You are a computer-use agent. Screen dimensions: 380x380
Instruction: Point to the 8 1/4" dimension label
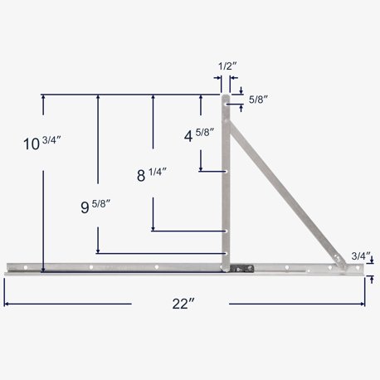(152, 174)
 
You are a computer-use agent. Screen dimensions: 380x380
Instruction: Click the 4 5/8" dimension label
(200, 131)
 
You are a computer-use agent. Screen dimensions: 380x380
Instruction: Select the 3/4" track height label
(361, 255)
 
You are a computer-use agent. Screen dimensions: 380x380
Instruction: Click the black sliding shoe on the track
(240, 267)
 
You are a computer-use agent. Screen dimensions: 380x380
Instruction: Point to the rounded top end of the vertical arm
(226, 99)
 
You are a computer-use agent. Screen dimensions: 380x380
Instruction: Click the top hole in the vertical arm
(226, 105)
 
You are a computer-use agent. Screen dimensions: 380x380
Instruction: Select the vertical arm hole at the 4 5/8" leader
(226, 172)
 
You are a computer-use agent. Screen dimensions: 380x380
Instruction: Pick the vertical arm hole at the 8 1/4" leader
(226, 231)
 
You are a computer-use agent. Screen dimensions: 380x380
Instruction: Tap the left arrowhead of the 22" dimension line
(7, 304)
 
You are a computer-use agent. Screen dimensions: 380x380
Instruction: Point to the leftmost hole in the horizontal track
(26, 267)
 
